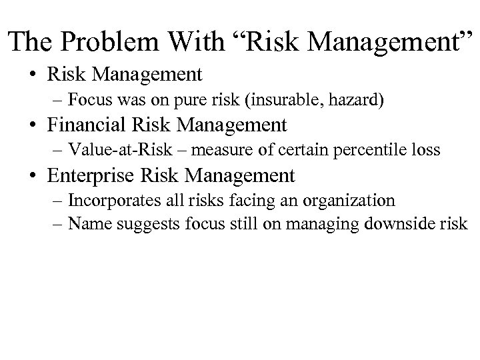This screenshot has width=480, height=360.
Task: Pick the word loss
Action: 427,150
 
